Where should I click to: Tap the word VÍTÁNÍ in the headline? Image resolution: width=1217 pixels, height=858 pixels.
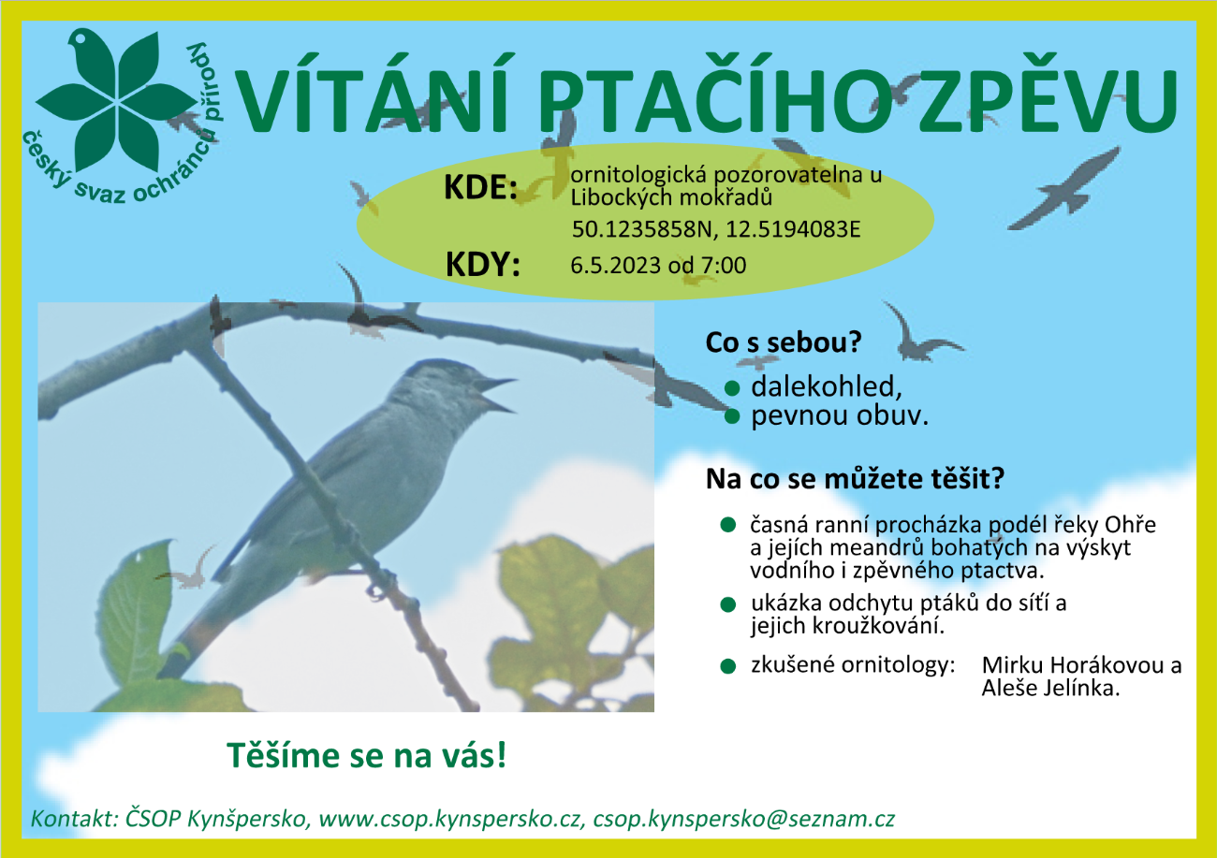click(x=372, y=93)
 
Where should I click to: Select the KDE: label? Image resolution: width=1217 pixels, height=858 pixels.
click(x=481, y=187)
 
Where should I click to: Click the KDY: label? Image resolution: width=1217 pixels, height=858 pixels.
click(x=482, y=265)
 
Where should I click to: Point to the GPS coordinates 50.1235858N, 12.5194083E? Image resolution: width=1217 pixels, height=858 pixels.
click(x=716, y=230)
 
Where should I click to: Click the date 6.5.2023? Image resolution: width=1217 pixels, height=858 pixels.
click(x=616, y=265)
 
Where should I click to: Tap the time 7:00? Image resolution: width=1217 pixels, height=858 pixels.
click(x=724, y=265)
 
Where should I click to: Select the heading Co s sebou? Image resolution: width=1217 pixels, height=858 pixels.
click(x=784, y=342)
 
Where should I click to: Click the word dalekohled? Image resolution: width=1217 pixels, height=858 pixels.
click(x=823, y=386)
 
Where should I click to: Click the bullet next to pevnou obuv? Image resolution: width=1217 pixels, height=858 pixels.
click(x=732, y=416)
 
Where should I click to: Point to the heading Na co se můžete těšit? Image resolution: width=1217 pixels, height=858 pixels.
click(x=855, y=479)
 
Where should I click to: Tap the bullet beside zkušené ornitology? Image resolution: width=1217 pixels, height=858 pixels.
click(x=727, y=666)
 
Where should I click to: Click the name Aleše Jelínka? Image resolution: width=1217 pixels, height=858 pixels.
click(x=1050, y=689)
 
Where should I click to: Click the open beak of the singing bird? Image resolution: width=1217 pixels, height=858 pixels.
click(x=495, y=394)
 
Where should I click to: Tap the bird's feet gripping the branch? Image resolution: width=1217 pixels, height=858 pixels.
click(x=380, y=584)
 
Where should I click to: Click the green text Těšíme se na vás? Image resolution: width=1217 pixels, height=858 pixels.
click(x=367, y=755)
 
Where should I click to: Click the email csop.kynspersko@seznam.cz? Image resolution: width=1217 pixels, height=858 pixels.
click(x=744, y=819)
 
